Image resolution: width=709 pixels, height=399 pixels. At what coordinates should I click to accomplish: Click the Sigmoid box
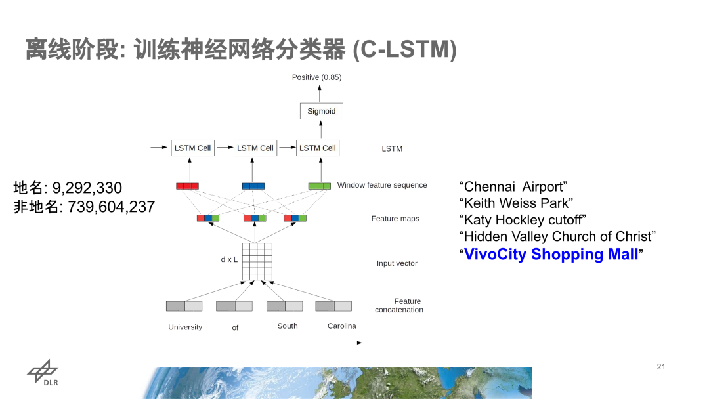pos(321,111)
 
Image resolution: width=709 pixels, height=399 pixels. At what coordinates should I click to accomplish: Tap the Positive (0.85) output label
pos(316,77)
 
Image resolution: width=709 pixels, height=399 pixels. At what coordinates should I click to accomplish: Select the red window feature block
pos(187,186)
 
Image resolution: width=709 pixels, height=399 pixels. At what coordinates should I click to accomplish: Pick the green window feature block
pos(320,186)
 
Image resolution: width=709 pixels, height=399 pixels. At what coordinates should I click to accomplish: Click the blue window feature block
pos(253,186)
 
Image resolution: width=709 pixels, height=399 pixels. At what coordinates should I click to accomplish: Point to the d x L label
pos(229,259)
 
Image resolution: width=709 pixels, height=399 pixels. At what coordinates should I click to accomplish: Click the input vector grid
pos(257,261)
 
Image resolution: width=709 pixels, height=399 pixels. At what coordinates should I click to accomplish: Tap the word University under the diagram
pos(185,327)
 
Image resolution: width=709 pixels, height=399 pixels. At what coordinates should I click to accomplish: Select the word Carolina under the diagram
pos(342,326)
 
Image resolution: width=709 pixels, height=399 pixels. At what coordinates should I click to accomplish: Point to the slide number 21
pos(661,366)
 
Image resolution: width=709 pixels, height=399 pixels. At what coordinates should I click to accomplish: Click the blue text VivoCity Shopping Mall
pos(551,254)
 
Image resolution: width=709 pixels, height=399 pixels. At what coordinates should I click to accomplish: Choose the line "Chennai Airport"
pos(513,187)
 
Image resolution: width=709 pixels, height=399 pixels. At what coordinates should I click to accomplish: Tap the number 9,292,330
pos(87,188)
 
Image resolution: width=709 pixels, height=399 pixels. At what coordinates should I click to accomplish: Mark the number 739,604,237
pos(112,207)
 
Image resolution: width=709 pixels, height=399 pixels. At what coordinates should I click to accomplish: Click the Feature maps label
pos(395,219)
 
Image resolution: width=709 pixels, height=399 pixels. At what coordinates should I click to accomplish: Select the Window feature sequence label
pos(382,185)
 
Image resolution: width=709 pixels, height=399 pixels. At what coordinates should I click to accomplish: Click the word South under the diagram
pos(288,326)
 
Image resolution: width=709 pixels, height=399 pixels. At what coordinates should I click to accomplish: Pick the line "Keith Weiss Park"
pos(516,203)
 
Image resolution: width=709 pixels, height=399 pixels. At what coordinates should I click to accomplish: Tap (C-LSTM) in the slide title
pos(404,50)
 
